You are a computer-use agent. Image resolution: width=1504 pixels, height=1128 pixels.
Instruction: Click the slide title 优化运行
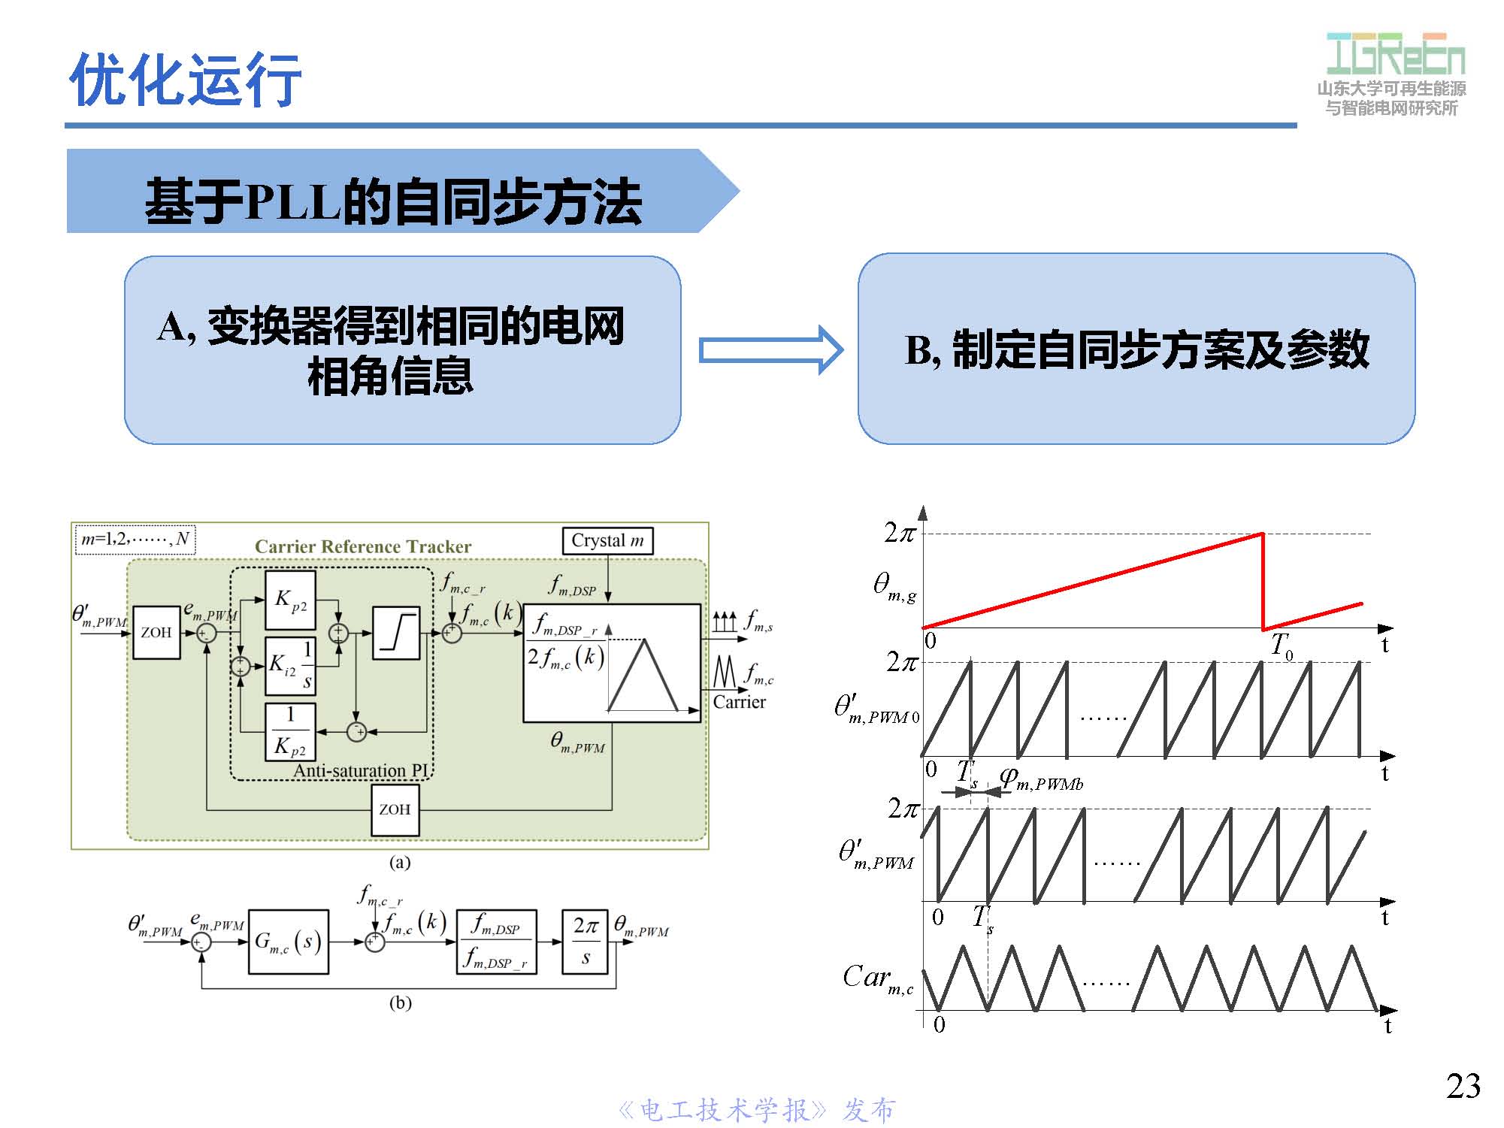tap(185, 80)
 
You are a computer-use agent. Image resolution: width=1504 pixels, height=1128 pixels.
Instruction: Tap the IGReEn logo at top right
tap(1395, 54)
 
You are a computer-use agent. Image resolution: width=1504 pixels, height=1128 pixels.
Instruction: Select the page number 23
tap(1463, 1086)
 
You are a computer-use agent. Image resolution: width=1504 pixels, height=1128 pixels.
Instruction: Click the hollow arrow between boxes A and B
tap(770, 350)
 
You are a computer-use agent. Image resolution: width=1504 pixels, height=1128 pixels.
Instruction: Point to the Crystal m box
tap(607, 540)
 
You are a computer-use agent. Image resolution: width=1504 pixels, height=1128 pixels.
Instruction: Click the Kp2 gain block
tap(290, 600)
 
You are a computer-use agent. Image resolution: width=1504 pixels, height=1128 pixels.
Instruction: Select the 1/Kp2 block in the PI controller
tap(290, 731)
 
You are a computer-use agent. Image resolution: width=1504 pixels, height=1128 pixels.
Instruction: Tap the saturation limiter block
tap(396, 633)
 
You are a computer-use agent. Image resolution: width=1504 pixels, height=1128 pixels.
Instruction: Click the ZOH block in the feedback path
tap(395, 809)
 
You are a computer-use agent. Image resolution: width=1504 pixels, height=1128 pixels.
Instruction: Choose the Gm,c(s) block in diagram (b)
tap(288, 942)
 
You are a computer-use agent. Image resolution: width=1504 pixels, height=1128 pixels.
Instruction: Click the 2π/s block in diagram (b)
tap(586, 942)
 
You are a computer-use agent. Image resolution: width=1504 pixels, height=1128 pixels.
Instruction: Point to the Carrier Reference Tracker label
tap(363, 546)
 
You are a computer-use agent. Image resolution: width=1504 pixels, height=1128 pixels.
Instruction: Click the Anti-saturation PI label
tap(361, 770)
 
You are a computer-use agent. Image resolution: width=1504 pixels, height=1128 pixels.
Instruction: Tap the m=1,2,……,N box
tap(135, 539)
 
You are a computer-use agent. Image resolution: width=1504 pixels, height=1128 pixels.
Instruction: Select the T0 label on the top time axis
tap(1281, 646)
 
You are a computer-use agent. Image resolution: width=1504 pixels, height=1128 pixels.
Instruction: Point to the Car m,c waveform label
tap(877, 978)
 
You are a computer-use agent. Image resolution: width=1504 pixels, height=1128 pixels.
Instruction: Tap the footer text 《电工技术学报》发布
tap(756, 1110)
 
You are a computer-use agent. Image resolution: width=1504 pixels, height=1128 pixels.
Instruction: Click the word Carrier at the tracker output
tap(739, 702)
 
